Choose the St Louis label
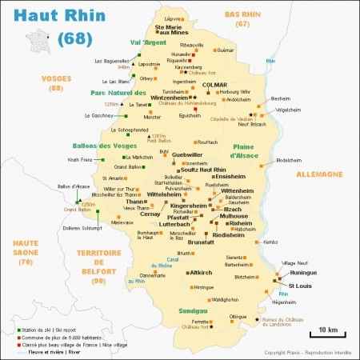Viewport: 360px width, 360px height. [300, 286]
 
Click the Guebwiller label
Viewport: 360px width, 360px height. [189, 154]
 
